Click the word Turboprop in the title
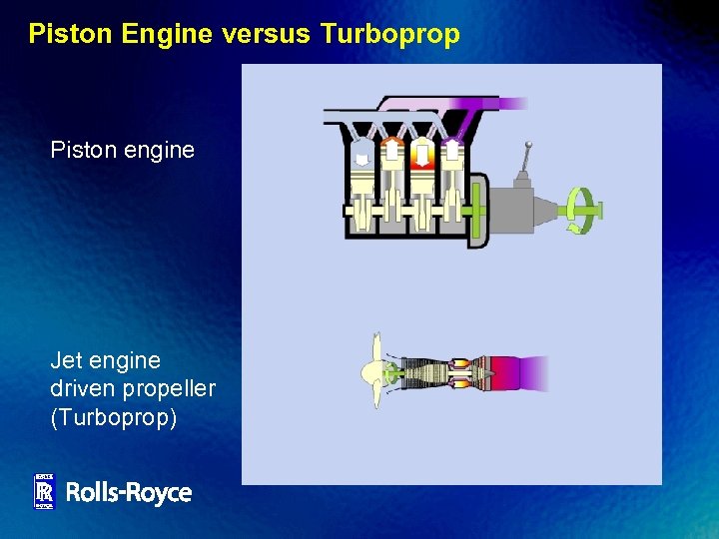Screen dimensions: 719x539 (390, 35)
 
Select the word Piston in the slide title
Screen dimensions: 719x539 (71, 35)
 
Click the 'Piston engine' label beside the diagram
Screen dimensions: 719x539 (122, 151)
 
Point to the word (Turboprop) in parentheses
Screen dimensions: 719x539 (114, 415)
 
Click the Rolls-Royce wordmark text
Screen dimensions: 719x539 (128, 492)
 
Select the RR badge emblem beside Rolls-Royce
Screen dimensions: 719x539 (44, 491)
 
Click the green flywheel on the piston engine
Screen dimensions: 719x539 (475, 210)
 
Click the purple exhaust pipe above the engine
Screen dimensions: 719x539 (469, 103)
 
